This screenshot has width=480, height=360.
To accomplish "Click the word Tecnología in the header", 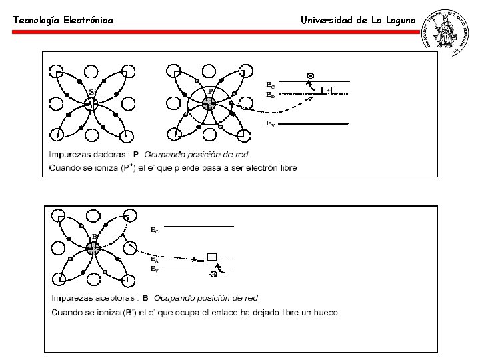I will click(37, 21).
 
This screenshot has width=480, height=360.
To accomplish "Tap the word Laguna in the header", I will click(399, 20).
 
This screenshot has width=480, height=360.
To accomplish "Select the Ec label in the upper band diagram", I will click(270, 85).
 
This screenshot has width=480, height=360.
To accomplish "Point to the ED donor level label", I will click(270, 95).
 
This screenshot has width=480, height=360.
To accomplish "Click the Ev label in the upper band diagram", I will click(270, 124).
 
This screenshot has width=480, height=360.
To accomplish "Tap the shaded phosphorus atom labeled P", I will click(209, 103).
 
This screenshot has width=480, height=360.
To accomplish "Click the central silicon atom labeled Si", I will click(92, 103).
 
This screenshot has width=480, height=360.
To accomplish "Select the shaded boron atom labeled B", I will click(93, 248).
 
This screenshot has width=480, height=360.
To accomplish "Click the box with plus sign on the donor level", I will click(327, 91).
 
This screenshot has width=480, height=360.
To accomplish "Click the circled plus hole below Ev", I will click(213, 275).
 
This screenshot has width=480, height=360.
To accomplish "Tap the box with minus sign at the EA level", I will click(211, 256).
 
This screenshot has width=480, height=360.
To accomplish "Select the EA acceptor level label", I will click(154, 259).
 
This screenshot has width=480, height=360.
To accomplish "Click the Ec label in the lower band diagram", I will click(154, 231).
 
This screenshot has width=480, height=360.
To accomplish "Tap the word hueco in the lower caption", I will click(325, 313).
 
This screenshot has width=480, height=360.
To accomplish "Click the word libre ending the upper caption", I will click(285, 167).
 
